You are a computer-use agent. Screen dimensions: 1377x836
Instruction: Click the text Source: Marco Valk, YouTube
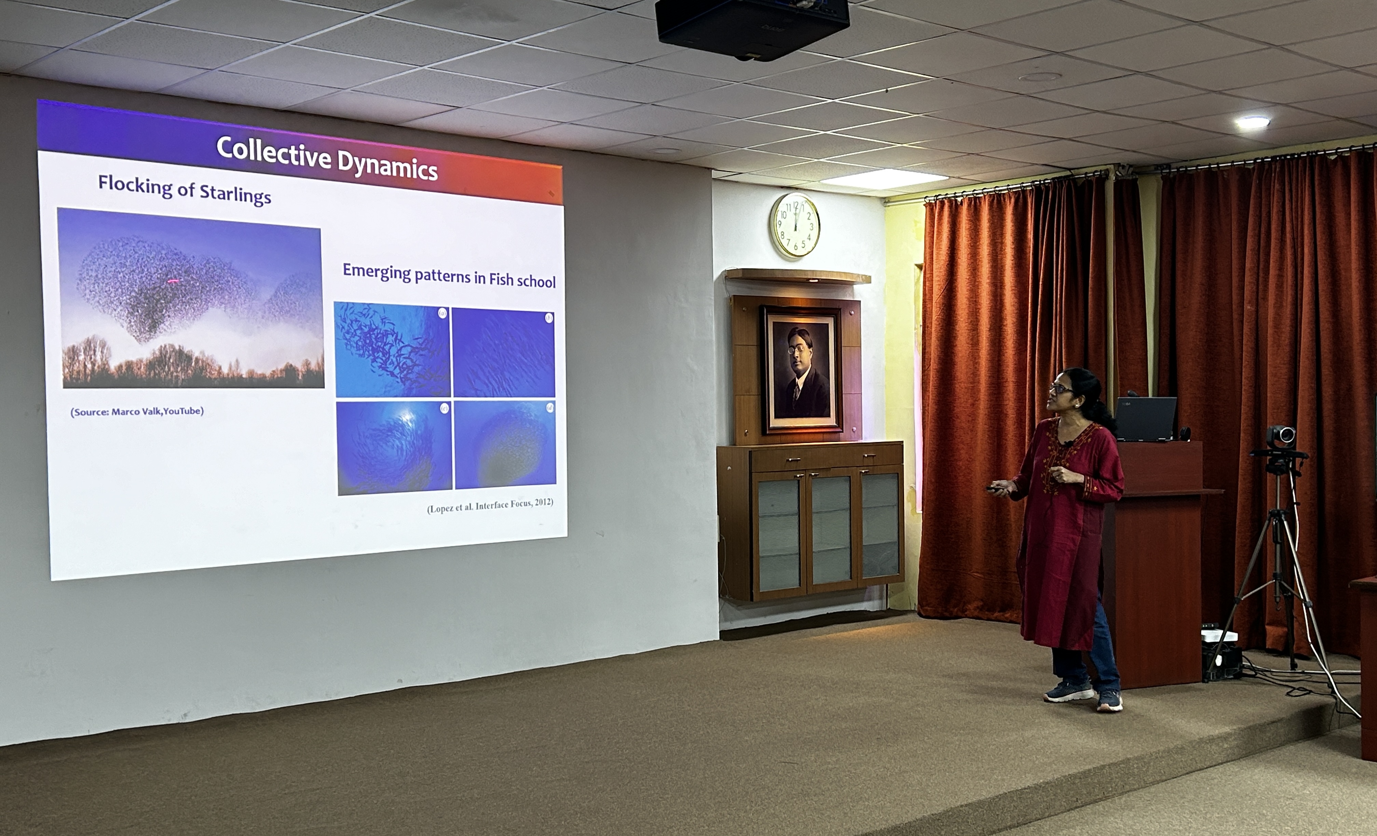[137, 412]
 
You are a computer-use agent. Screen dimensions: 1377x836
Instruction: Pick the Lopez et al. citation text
[490, 505]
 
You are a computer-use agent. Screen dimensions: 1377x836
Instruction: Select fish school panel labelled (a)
[392, 349]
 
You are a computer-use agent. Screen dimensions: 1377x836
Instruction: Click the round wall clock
[795, 225]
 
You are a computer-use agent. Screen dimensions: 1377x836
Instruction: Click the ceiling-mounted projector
[752, 28]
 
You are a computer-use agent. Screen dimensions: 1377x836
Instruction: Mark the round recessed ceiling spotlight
[1252, 122]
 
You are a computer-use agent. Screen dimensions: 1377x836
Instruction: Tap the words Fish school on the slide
[522, 280]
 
